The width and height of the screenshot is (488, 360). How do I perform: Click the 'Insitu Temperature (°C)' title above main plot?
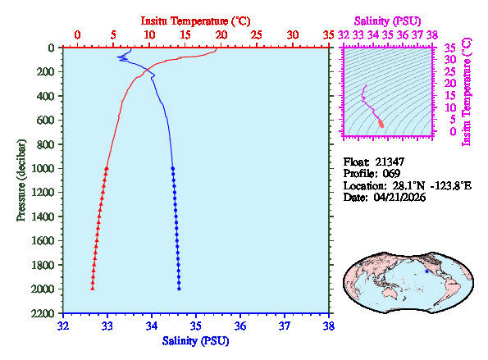195,20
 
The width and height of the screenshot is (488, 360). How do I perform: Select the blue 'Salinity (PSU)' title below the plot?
195,340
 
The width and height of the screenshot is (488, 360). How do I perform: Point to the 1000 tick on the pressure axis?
46,169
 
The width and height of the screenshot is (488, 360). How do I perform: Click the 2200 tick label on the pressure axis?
46,314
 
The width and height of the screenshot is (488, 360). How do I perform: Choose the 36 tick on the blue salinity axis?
239,326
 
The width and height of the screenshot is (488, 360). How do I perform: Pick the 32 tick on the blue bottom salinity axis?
63,326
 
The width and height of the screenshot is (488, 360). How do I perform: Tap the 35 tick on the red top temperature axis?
329,35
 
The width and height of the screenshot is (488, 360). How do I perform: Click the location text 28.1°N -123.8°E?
430,186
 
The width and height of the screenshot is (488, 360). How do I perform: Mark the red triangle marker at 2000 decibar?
93,289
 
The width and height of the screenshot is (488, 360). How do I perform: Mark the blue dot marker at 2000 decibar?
179,289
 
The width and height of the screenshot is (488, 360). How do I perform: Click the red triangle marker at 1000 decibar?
107,168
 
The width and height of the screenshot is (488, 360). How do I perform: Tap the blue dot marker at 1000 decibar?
172,168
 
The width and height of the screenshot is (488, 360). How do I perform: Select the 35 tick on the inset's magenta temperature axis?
449,48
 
